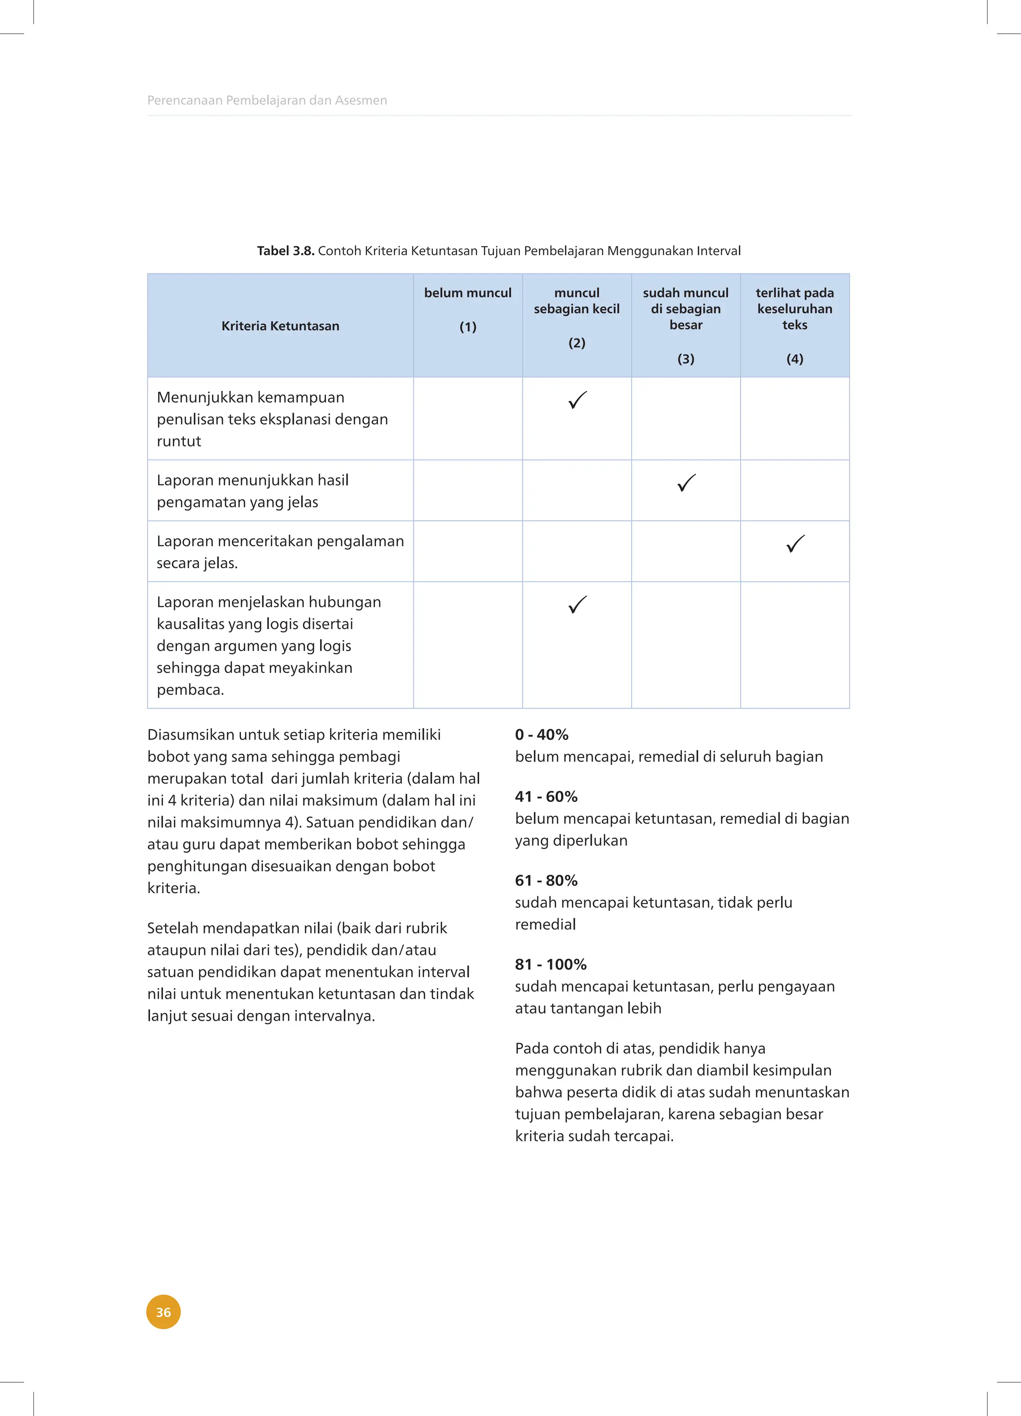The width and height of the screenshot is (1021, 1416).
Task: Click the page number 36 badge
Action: coord(163,1312)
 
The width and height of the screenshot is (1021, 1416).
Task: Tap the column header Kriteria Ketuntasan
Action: coord(280,326)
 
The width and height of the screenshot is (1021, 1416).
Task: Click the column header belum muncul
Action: coord(468,293)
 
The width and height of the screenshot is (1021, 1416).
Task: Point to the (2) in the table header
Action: coord(576,343)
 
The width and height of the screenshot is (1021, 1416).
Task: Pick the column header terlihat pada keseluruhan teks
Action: coord(794,309)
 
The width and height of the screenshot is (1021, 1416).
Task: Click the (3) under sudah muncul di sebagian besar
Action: coord(685,359)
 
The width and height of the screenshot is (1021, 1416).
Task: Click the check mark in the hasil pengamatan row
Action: coord(686,482)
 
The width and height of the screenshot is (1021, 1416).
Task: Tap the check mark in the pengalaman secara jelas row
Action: coord(795,544)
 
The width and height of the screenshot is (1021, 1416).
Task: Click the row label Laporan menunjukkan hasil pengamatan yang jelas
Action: coord(252,491)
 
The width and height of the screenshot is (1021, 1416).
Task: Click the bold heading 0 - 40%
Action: coord(541,735)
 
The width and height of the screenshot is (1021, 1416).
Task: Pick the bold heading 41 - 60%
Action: coord(546,796)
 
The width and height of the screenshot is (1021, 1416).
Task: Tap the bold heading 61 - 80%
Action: coord(546,880)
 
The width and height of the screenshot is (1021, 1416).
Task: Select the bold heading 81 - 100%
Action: coord(550,964)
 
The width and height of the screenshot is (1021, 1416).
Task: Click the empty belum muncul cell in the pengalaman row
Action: coord(468,551)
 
